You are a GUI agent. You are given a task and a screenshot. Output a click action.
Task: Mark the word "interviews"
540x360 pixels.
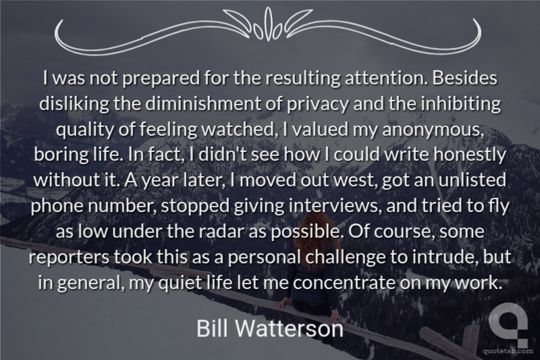[335, 206]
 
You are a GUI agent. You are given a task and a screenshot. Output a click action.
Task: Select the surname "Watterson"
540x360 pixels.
[290, 328]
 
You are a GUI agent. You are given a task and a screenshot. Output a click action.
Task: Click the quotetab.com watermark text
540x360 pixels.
[508, 351]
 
